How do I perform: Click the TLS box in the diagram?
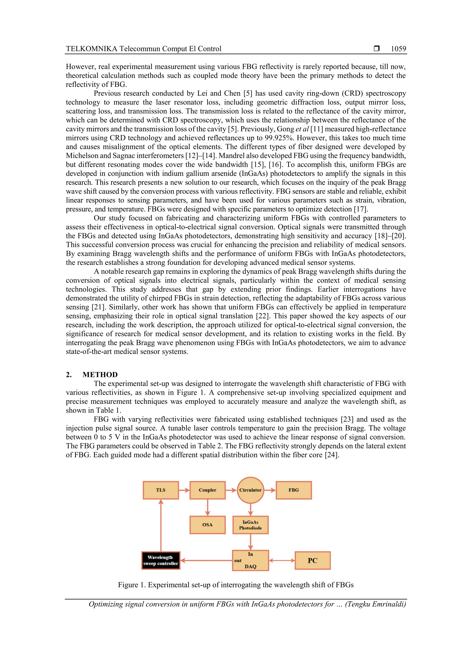point(161,490)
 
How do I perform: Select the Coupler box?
point(207,490)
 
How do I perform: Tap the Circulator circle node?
point(250,490)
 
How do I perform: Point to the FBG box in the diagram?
point(294,490)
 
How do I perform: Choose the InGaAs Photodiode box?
point(250,525)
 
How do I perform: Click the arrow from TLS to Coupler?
point(184,490)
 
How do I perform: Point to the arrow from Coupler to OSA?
point(207,507)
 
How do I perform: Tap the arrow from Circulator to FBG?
point(270,490)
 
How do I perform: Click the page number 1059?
point(398,49)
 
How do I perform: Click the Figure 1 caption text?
point(236,585)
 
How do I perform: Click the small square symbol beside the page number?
point(377,49)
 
